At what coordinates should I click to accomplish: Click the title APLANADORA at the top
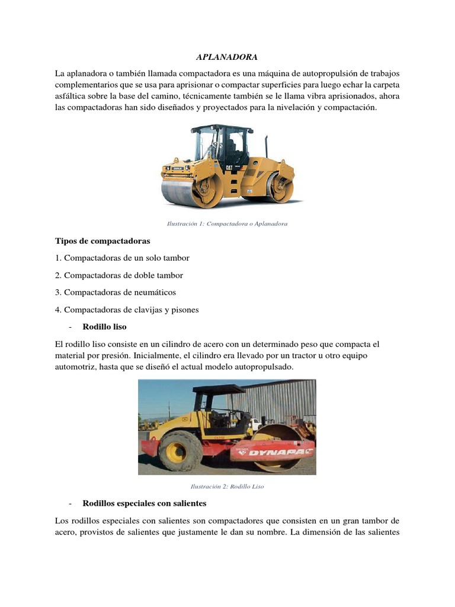tap(227, 57)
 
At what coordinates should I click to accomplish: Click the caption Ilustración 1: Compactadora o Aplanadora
tap(227, 224)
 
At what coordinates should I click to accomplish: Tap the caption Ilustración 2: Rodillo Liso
tap(227, 486)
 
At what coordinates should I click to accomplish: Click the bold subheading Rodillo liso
tap(105, 327)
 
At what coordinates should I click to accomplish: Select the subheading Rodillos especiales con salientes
tap(145, 503)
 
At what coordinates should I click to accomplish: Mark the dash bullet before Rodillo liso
tap(71, 327)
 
